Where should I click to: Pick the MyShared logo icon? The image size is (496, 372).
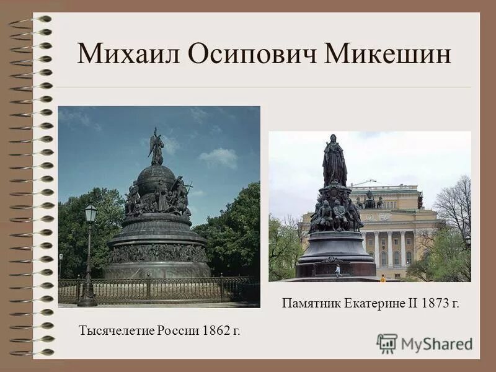point(387,343)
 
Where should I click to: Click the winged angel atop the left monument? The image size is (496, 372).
point(156,148)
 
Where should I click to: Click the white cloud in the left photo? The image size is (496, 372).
point(219,157)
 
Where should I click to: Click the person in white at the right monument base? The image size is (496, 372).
point(337,270)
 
